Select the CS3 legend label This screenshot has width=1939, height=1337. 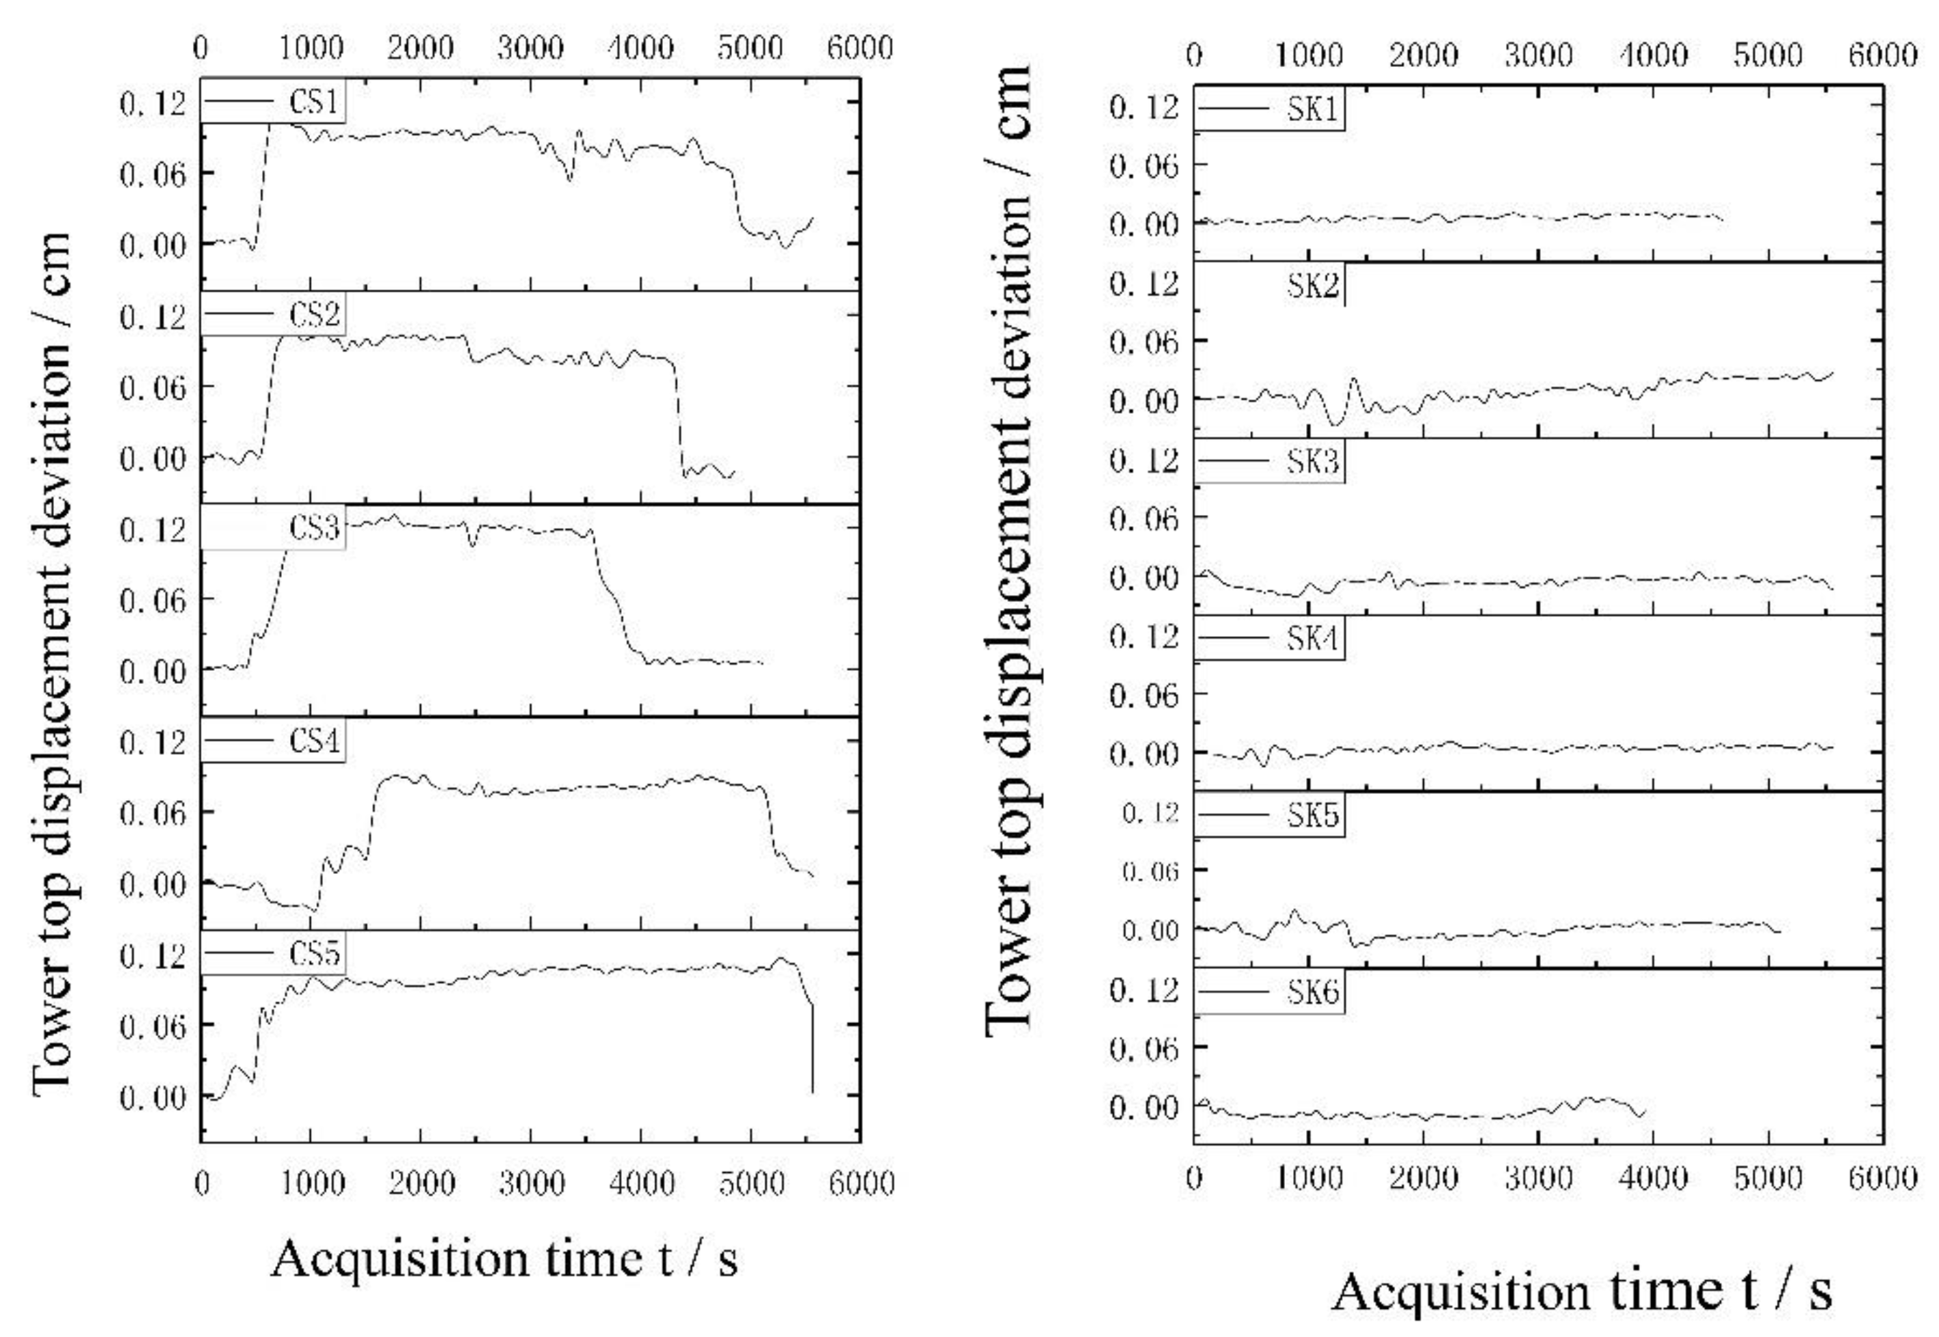point(314,529)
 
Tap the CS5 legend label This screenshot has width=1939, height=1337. point(314,954)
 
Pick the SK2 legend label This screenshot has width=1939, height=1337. point(1313,287)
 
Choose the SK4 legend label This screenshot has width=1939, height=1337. point(1313,639)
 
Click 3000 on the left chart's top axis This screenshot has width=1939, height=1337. point(530,47)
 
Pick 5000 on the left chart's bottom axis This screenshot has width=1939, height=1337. point(751,1183)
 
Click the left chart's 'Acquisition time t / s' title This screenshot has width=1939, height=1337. point(504,1259)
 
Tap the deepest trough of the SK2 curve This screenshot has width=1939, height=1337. point(1336,423)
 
